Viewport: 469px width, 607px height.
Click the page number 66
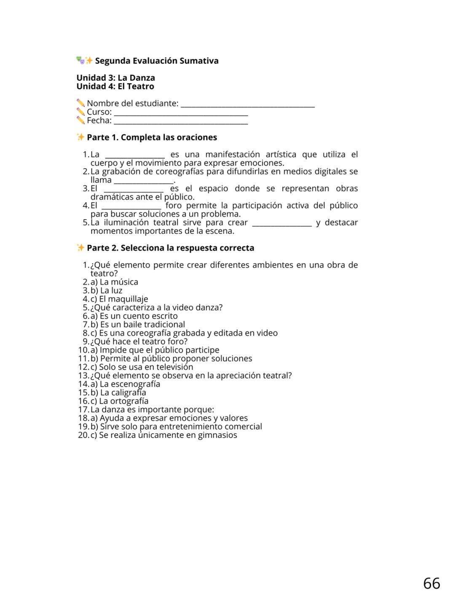pos(431,583)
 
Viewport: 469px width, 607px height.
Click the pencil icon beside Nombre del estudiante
pos(80,103)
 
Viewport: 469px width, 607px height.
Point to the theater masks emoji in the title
pos(80,60)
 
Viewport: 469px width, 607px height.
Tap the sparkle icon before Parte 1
pos(80,137)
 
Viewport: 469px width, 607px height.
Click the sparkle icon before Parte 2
pos(80,247)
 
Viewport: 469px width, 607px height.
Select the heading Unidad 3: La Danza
pos(116,78)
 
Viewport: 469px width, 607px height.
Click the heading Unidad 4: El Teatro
pos(115,86)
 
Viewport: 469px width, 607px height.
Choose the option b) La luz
pos(106,290)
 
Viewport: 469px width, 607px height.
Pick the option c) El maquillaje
pos(119,299)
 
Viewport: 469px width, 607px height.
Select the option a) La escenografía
pos(125,384)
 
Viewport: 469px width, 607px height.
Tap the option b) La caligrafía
pos(118,392)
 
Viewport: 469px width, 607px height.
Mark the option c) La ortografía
pos(119,401)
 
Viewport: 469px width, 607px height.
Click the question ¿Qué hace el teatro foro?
pos(139,341)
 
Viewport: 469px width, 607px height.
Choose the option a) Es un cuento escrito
pos(134,316)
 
